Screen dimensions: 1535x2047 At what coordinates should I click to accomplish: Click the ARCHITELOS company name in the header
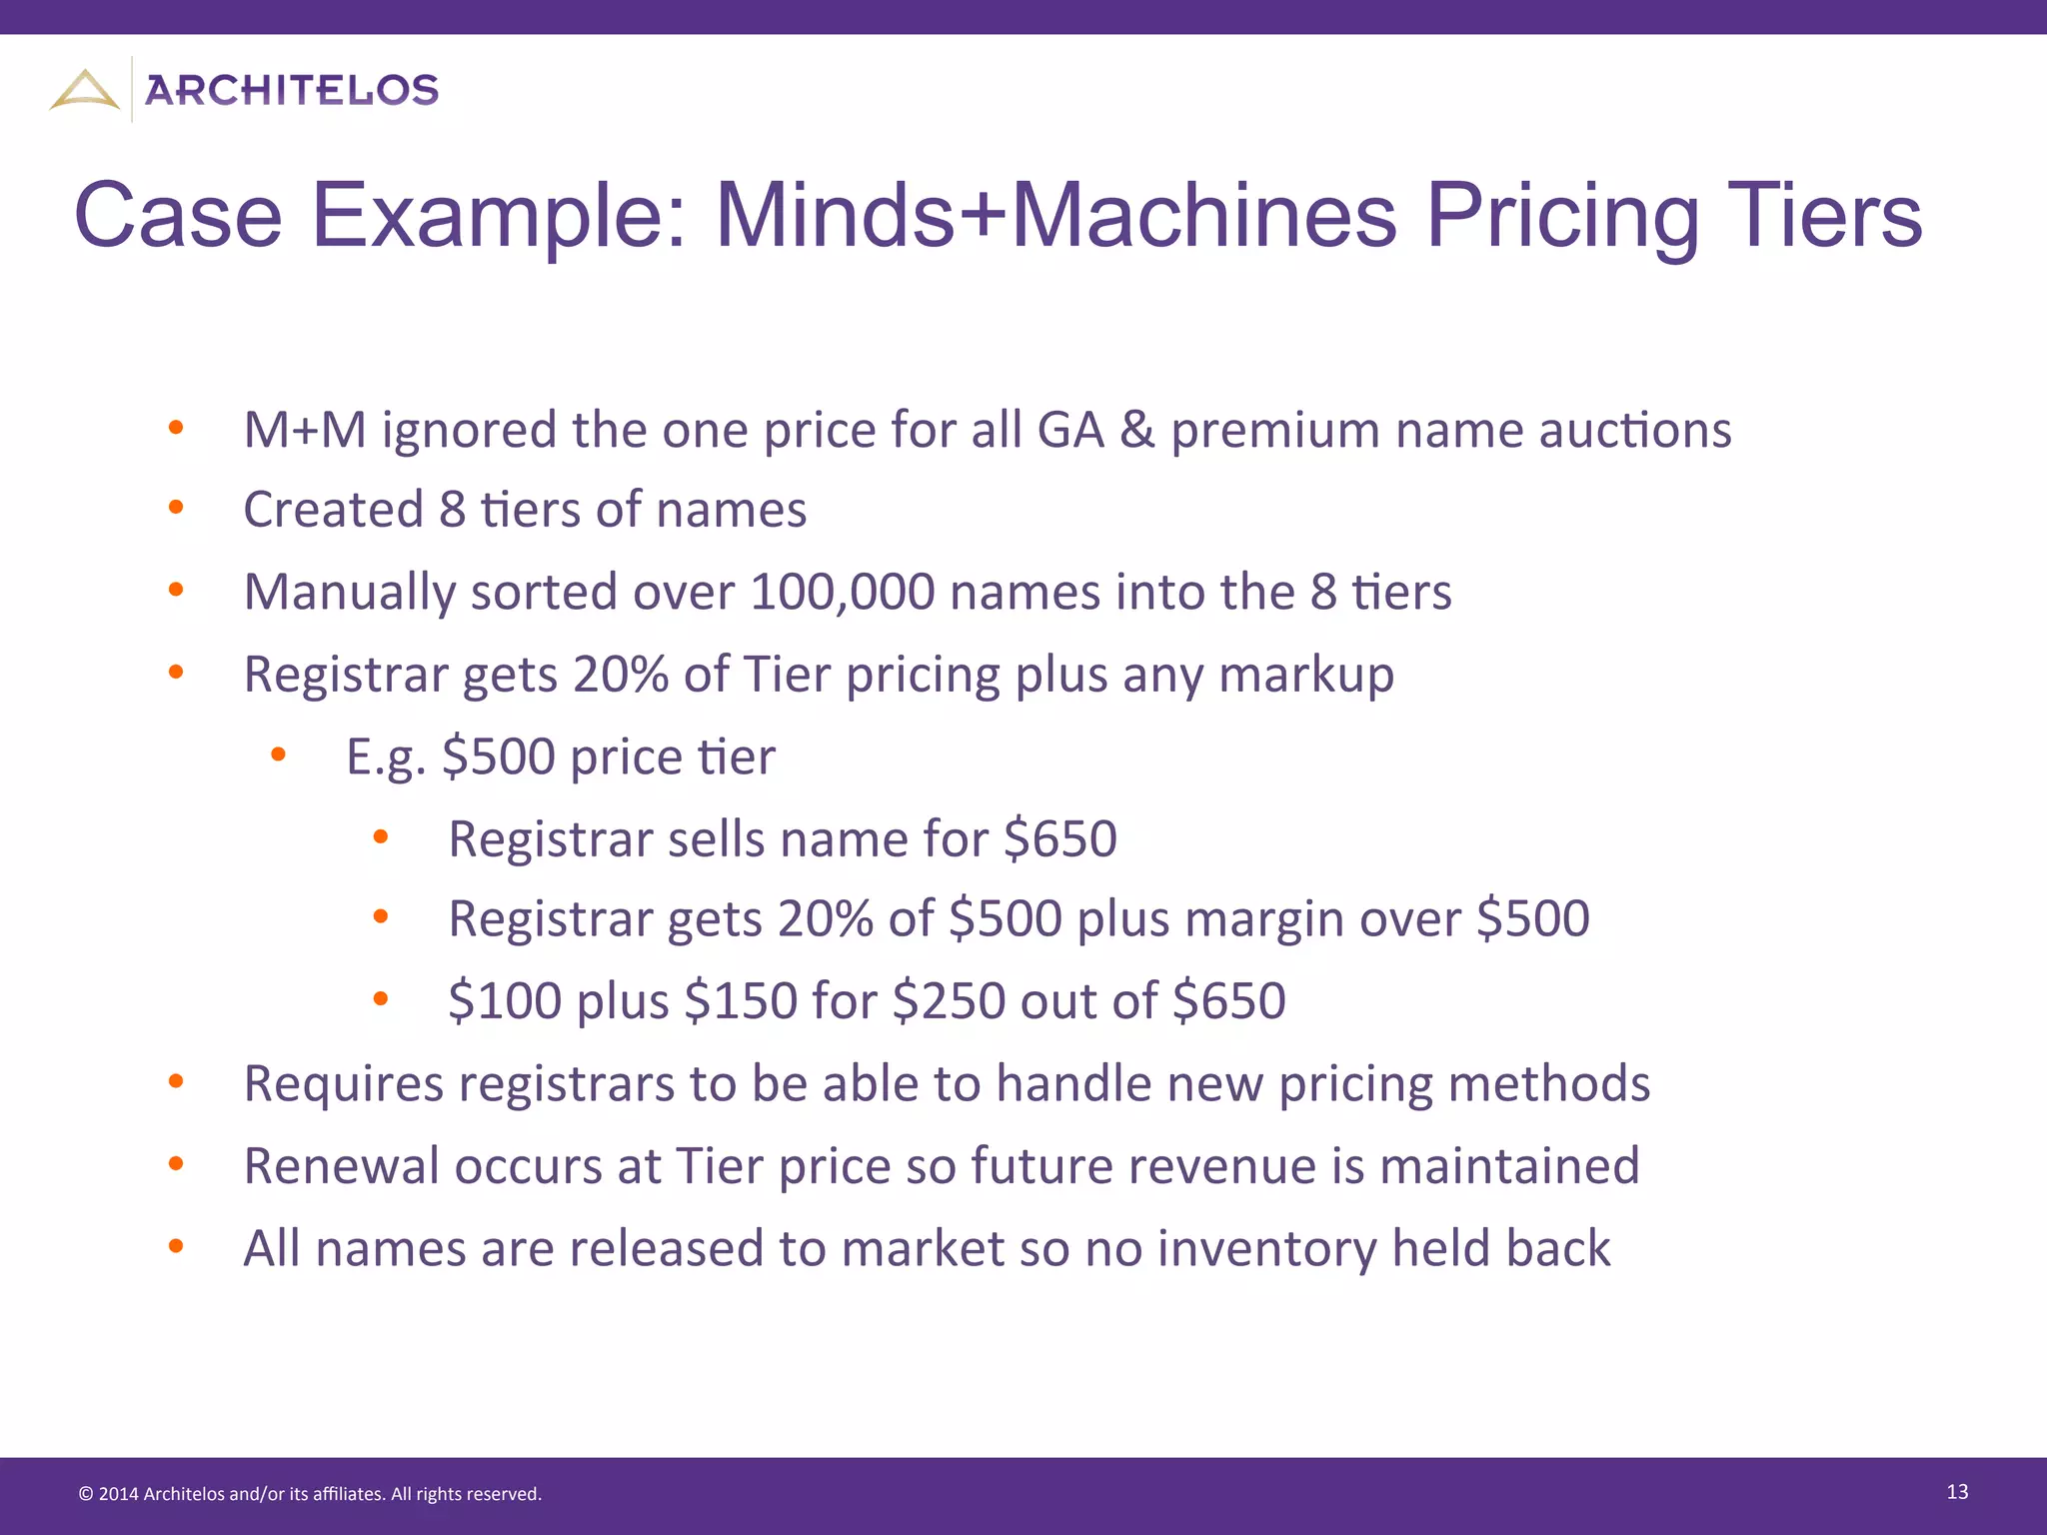(x=292, y=91)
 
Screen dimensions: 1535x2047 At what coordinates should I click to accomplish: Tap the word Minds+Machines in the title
(x=1055, y=215)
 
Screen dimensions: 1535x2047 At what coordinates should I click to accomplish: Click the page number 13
(x=1957, y=1492)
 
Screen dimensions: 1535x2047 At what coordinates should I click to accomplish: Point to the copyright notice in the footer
(x=310, y=1494)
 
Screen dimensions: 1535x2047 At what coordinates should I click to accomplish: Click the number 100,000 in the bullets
(x=842, y=592)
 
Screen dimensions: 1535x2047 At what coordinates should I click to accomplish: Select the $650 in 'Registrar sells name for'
(x=1060, y=838)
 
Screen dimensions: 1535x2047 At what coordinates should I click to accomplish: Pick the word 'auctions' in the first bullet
(x=1635, y=431)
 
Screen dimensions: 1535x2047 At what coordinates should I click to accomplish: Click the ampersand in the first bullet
(x=1136, y=431)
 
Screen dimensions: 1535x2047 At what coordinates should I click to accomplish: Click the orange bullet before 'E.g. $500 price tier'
(x=279, y=755)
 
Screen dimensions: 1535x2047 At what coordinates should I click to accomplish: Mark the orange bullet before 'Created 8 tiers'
(x=177, y=508)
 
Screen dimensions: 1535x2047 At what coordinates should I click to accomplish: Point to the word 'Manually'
(x=350, y=593)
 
